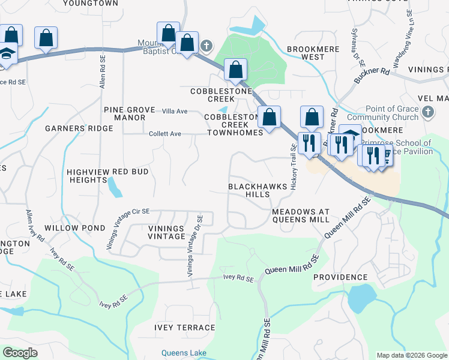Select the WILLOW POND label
point(79,229)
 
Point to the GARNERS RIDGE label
point(79,128)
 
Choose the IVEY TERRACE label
point(184,328)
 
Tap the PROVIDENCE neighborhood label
point(340,277)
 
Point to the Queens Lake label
point(184,353)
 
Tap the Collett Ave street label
point(165,134)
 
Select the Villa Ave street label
point(175,112)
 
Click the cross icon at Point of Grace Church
point(427,112)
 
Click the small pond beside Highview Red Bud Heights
point(114,187)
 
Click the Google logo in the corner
point(20,353)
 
